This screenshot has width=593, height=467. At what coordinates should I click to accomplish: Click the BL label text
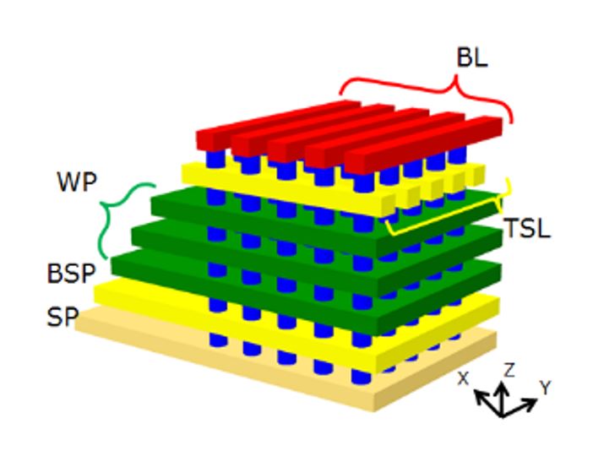(472, 58)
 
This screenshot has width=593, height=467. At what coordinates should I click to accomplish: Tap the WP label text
(77, 182)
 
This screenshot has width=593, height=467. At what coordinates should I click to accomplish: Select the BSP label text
(71, 273)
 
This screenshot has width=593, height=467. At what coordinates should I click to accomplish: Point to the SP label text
(63, 317)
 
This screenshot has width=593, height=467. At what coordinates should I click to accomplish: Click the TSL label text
(527, 228)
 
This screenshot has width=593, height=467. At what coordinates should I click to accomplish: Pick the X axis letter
(463, 378)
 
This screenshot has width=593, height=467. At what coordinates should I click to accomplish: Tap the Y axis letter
(546, 388)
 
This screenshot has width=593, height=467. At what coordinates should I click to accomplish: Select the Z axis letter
(509, 370)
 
